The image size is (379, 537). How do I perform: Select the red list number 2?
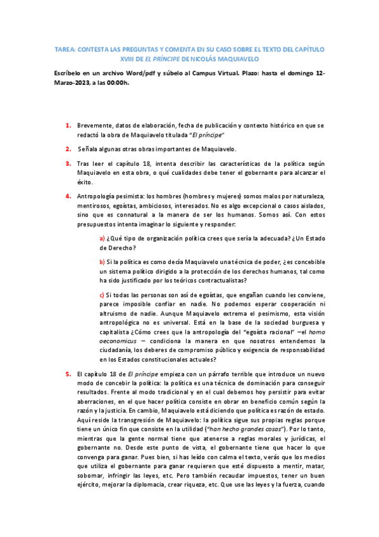[68, 149]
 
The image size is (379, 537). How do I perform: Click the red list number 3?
[68, 163]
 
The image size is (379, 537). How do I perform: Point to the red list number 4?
[68, 196]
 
